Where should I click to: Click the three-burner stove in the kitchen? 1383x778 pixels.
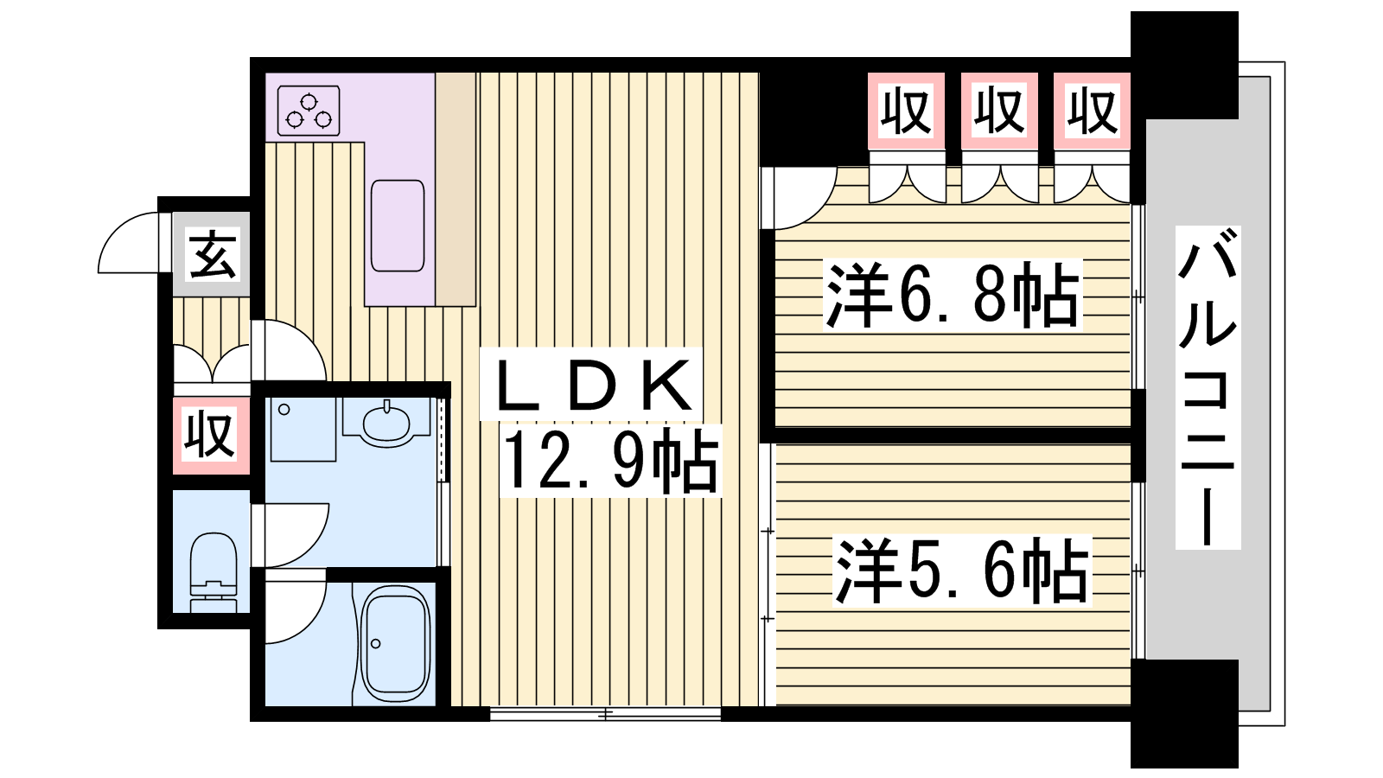pos(309,111)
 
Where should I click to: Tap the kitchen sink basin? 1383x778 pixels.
pos(398,226)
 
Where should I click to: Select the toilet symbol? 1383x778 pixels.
pos(213,572)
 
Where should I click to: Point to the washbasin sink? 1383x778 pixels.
pos(386,423)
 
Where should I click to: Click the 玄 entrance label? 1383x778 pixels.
pos(212,254)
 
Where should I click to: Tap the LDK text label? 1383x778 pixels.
pos(592,385)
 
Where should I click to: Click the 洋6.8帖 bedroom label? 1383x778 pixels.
pos(953,295)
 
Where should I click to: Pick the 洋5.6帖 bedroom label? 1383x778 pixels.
pos(961,570)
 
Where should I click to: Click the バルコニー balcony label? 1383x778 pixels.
pos(1208,387)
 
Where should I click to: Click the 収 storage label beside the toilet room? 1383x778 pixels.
pos(211,436)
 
